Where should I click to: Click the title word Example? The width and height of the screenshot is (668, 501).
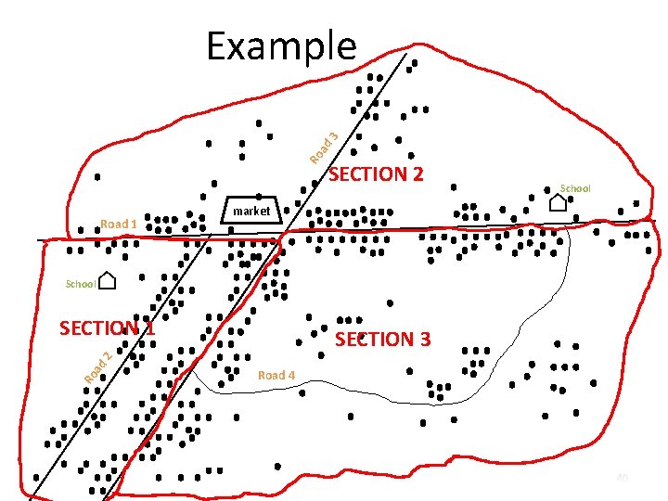point(281,45)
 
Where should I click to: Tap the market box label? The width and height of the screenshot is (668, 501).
point(251,212)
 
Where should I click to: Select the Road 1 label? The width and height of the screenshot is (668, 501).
point(119,224)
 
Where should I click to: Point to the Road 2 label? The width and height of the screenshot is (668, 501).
point(97,366)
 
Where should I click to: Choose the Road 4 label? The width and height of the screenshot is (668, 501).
point(276,375)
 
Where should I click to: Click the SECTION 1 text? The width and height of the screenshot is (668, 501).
point(107,328)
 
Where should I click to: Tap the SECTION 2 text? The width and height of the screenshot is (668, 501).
point(376,173)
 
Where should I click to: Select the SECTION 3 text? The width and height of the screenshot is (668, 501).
point(382,340)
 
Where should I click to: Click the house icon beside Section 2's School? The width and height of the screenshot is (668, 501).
point(557,201)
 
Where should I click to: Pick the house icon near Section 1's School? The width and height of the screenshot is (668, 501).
point(107,279)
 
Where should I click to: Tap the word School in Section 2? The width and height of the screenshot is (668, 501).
point(575,188)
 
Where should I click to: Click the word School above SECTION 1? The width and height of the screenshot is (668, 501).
point(80,284)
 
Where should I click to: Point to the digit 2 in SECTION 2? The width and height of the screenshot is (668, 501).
point(417,173)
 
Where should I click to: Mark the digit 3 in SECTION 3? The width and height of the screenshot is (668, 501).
point(424,340)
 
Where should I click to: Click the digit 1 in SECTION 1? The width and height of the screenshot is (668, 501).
point(148,328)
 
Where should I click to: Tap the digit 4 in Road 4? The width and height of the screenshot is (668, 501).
point(291,375)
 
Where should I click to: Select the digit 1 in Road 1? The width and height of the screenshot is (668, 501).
point(134,224)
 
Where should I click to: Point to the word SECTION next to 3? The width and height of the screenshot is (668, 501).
point(374,340)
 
